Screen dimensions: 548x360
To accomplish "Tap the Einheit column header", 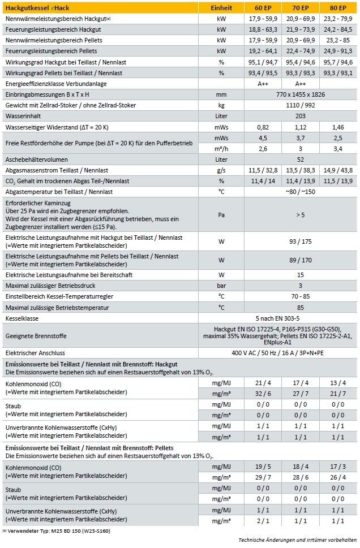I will [221, 7].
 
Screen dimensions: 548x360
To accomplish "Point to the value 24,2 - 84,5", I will [338, 29].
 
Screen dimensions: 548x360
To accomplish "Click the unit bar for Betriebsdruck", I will [221, 286].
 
